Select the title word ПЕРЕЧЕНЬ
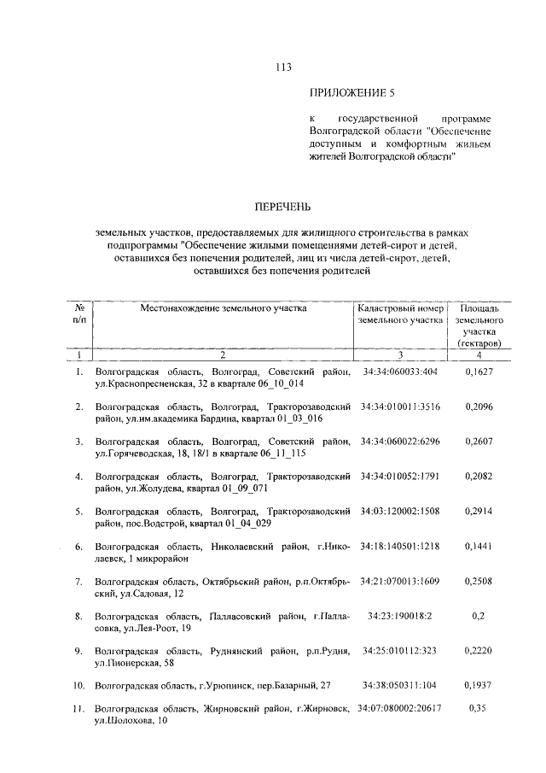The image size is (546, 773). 282,207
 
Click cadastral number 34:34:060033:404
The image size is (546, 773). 399,372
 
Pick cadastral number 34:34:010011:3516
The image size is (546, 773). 399,407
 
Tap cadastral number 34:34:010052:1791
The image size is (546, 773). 399,476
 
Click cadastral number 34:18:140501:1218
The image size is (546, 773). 399,546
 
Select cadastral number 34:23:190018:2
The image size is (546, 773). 399,616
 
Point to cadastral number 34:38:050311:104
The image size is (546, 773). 399,686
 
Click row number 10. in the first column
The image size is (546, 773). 78,686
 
